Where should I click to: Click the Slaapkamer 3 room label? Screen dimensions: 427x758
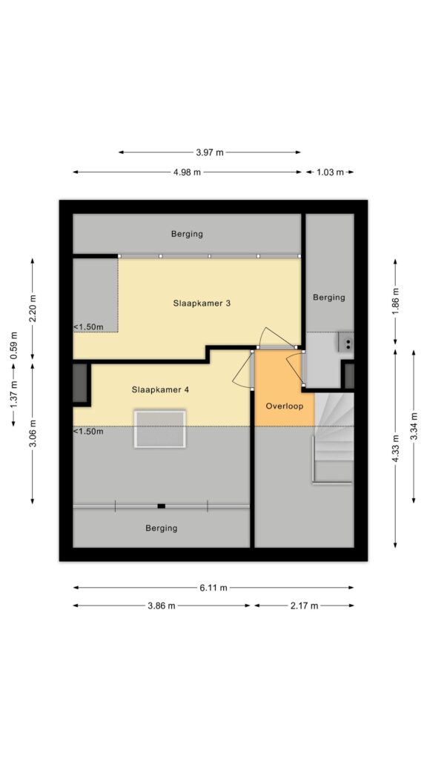click(202, 303)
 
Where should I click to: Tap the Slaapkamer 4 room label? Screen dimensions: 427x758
click(160, 389)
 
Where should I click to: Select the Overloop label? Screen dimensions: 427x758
click(285, 406)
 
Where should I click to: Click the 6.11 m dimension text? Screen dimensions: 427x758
click(213, 588)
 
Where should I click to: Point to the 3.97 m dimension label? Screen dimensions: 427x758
click(210, 152)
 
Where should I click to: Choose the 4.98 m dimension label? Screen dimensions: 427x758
click(187, 172)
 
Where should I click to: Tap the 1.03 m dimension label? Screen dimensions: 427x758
click(330, 172)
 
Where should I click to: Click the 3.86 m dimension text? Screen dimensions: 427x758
click(162, 606)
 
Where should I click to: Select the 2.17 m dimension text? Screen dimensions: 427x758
click(305, 606)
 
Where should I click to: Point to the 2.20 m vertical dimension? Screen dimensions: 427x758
click(33, 308)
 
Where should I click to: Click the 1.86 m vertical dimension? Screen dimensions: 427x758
click(396, 301)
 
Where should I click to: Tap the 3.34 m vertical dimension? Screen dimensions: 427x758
click(414, 426)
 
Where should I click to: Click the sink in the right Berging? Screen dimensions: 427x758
click(346, 341)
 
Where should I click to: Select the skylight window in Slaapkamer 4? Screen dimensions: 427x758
click(160, 429)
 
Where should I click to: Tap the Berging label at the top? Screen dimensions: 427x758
click(187, 234)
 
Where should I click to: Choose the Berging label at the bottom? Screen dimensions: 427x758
click(161, 529)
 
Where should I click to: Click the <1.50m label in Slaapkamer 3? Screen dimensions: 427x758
click(89, 327)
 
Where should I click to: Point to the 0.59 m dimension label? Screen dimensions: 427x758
click(14, 345)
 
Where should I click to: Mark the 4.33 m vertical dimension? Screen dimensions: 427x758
click(396, 449)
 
